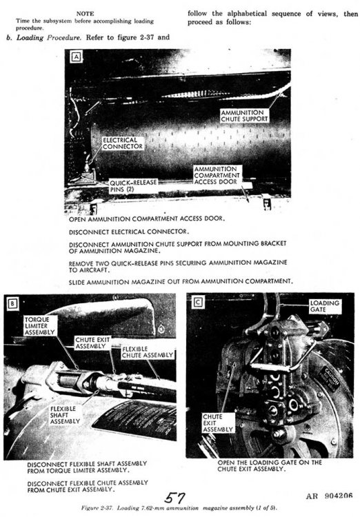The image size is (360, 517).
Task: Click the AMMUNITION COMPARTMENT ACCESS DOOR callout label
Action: pos(218,176)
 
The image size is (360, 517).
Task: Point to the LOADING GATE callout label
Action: pos(323,306)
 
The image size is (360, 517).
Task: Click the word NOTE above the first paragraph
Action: pos(86,13)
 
